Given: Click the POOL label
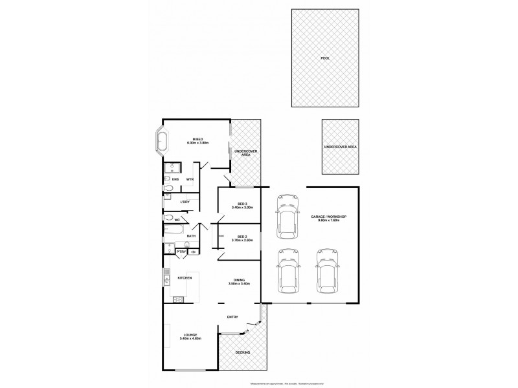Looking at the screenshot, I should pos(324,58).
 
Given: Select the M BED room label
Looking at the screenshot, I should pos(196,138).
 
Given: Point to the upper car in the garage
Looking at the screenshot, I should pos(286,215).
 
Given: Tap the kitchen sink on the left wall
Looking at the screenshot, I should pos(166,279).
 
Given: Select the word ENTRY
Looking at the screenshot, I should pos(232,317).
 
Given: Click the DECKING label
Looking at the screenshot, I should pos(242,352).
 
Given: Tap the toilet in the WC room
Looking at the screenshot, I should pos(168,219).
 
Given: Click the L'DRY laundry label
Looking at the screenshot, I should pos(185,202).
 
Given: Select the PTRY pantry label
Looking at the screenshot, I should pos(181,251).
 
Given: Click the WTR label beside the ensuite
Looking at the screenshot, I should pos(190,179).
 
